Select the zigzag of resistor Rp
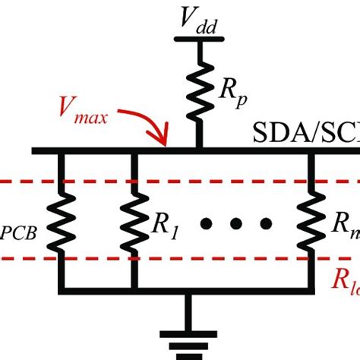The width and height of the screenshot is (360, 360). pyautogui.click(x=200, y=89)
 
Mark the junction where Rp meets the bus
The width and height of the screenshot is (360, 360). pyautogui.click(x=200, y=149)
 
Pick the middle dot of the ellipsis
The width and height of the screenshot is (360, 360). pyautogui.click(x=235, y=223)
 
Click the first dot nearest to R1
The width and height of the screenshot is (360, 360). pyautogui.click(x=207, y=223)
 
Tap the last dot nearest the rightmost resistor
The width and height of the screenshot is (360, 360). pyautogui.click(x=264, y=223)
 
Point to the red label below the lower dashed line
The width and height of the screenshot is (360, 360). pyautogui.click(x=346, y=282)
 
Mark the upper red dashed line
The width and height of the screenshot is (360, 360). pyautogui.click(x=228, y=182)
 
